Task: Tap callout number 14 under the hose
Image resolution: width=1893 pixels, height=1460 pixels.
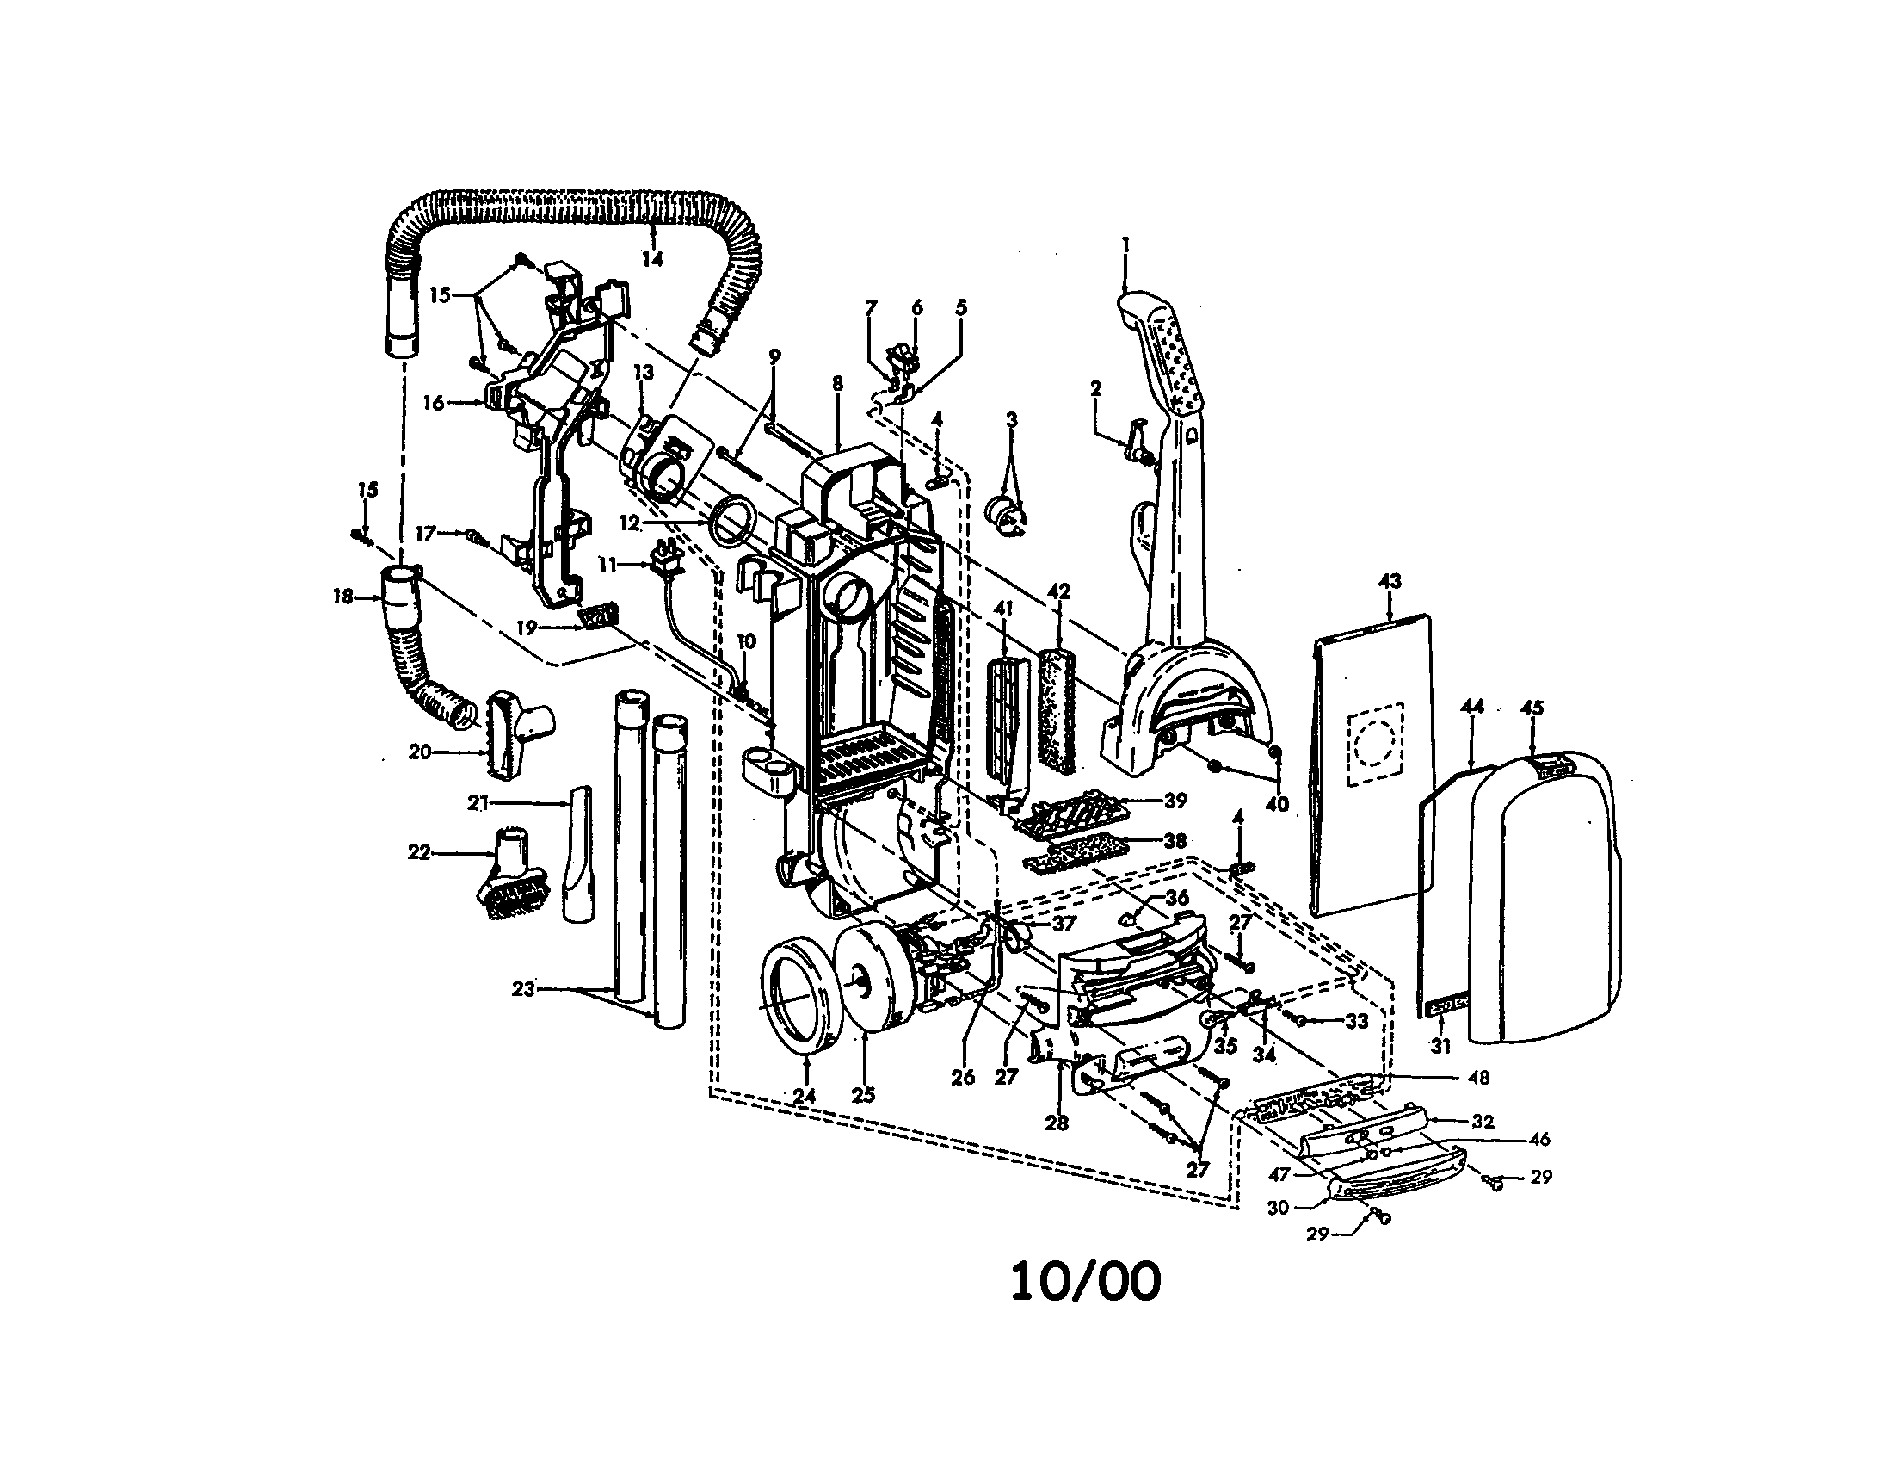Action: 652,258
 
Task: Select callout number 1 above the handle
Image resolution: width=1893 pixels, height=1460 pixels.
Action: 1125,245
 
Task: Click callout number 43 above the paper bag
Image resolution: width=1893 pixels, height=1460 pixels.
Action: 1389,581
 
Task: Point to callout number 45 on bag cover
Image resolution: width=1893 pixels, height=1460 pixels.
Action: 1532,708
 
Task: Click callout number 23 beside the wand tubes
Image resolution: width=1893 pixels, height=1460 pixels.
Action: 522,988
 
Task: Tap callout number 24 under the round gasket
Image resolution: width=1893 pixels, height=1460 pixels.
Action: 804,1096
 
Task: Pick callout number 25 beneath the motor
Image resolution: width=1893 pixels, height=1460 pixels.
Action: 863,1095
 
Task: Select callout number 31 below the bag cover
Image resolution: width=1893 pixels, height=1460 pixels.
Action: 1440,1047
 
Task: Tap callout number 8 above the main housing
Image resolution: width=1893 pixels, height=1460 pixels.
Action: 836,384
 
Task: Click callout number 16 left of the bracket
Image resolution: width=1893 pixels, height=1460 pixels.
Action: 434,403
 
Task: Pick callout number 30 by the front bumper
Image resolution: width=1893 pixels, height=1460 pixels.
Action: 1279,1207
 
